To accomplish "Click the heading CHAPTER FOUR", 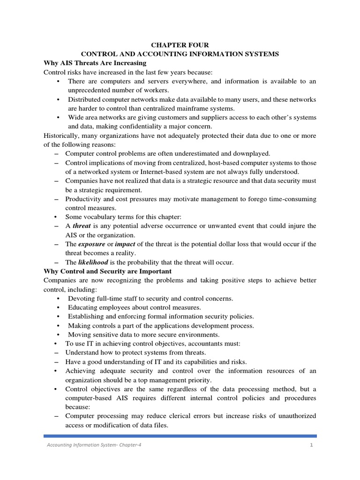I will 180,45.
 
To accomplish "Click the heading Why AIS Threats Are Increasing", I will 95,63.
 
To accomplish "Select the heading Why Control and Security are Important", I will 107,271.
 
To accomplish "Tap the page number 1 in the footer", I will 311,445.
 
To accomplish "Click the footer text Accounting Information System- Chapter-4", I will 93,445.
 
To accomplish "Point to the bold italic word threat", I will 82,226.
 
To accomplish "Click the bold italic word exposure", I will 91,244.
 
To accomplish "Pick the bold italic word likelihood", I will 93,262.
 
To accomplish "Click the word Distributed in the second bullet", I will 84,99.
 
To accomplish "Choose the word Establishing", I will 87,316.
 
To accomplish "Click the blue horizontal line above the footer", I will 180,436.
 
